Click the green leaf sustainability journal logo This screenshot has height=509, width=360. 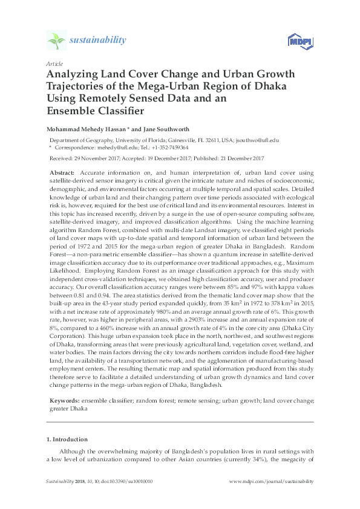point(57,41)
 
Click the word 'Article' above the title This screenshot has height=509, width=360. point(53,63)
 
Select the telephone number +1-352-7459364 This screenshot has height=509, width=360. point(168,147)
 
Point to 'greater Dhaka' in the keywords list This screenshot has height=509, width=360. point(66,408)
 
